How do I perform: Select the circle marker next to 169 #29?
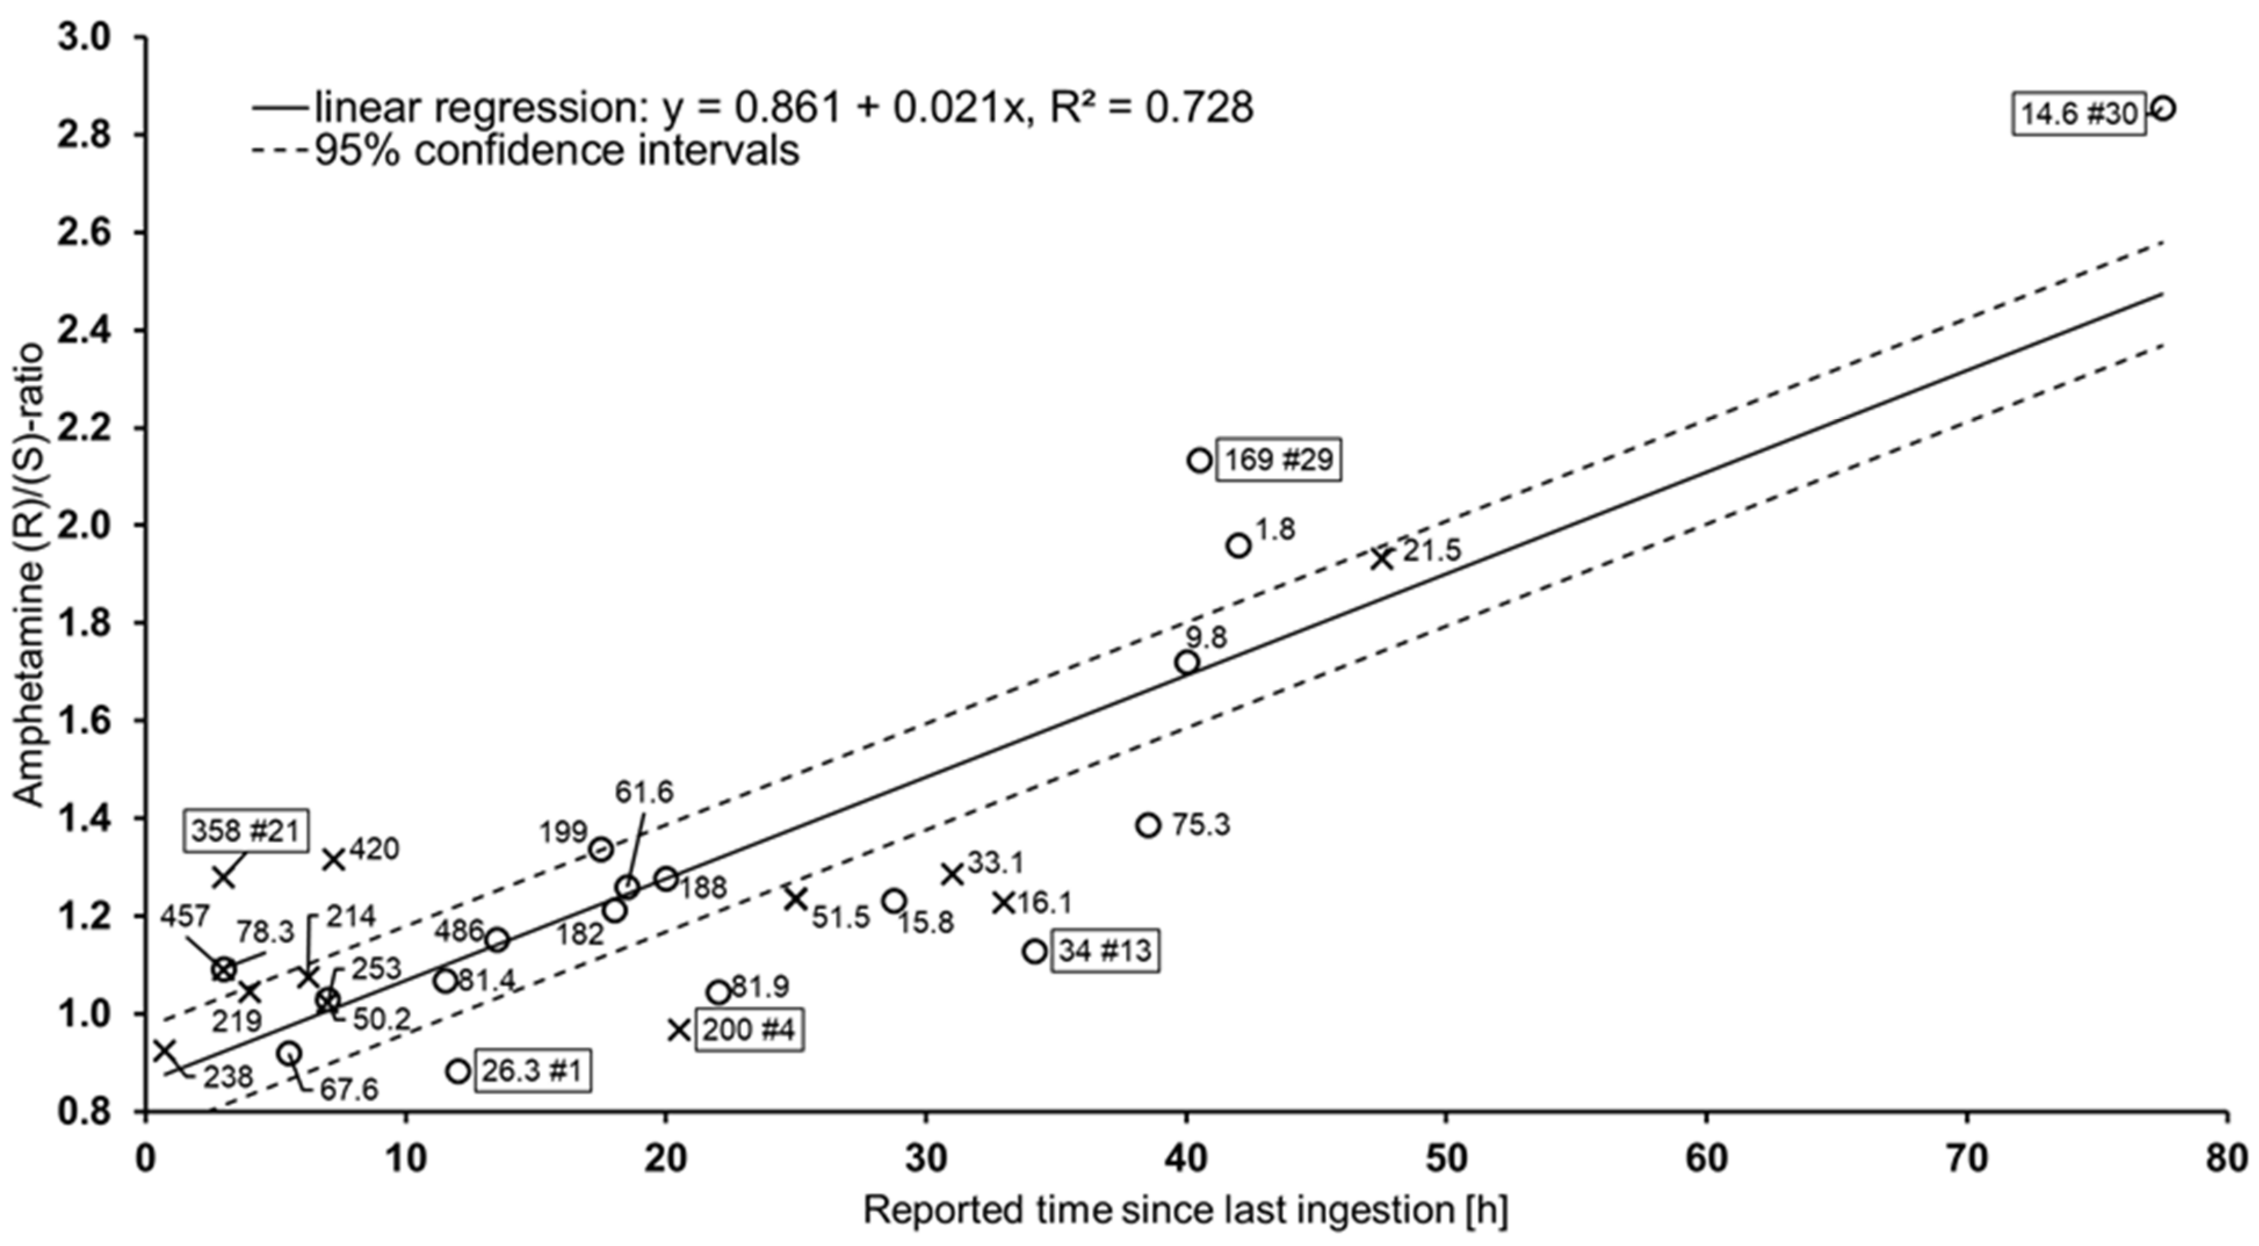coord(1199,460)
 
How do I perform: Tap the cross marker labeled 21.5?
coord(1383,558)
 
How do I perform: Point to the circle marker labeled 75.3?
coord(1148,825)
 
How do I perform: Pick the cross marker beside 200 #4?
coord(679,1030)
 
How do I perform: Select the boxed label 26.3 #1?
coord(532,1071)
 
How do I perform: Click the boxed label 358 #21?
coord(247,830)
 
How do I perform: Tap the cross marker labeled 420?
coord(333,859)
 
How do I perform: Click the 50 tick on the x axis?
coord(1445,1159)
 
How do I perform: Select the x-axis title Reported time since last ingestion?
coord(1185,1211)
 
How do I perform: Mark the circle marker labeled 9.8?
coord(1187,663)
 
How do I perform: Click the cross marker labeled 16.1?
coord(1004,902)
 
